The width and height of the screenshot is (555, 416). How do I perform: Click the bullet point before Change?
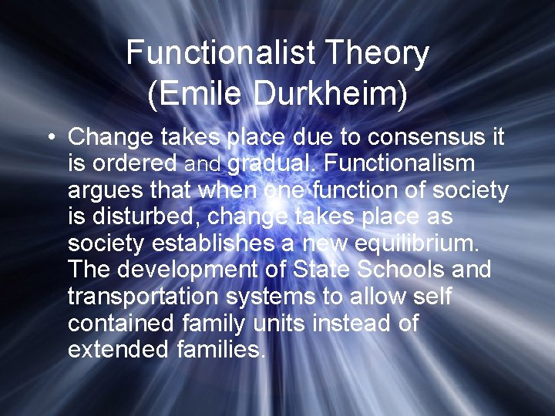[49, 138]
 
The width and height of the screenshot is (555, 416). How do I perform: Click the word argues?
[106, 191]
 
